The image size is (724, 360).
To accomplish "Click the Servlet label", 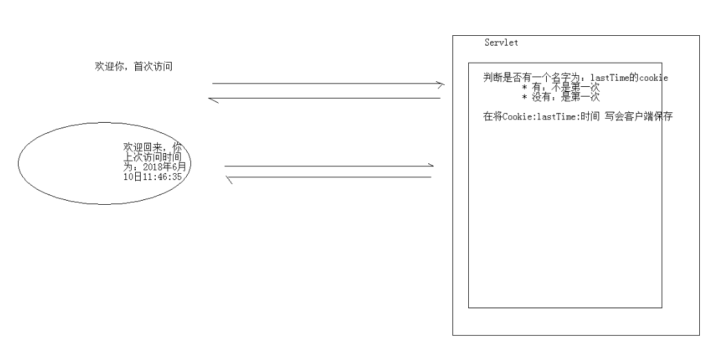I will pyautogui.click(x=501, y=43).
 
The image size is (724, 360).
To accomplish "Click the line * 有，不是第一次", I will pyautogui.click(x=561, y=88).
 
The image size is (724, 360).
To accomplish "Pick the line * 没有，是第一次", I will pyautogui.click(x=561, y=97).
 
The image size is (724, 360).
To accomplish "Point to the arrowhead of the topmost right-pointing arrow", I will pyautogui.click(x=441, y=84).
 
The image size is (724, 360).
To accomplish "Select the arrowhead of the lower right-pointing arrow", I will pyautogui.click(x=430, y=166).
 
